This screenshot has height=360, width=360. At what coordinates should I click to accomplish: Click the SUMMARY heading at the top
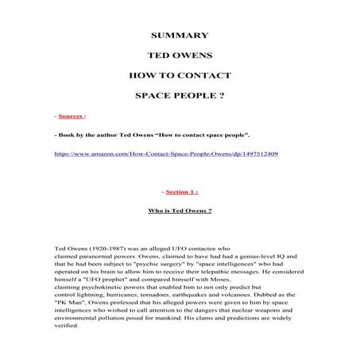180,35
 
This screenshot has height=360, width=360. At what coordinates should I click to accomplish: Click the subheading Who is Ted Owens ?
180,212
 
